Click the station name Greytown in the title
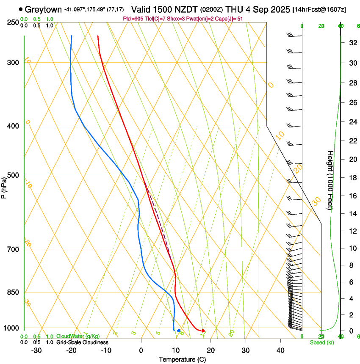(43, 9)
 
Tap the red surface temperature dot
(203, 331)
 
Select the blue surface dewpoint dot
(179, 331)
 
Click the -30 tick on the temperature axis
(36, 350)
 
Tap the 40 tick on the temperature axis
(280, 350)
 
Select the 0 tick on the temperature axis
(141, 350)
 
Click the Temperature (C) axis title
(182, 359)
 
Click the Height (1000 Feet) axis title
(330, 180)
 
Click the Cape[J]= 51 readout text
(231, 19)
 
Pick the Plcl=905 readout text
(133, 19)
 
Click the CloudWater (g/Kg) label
(78, 336)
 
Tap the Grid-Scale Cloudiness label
(82, 342)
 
